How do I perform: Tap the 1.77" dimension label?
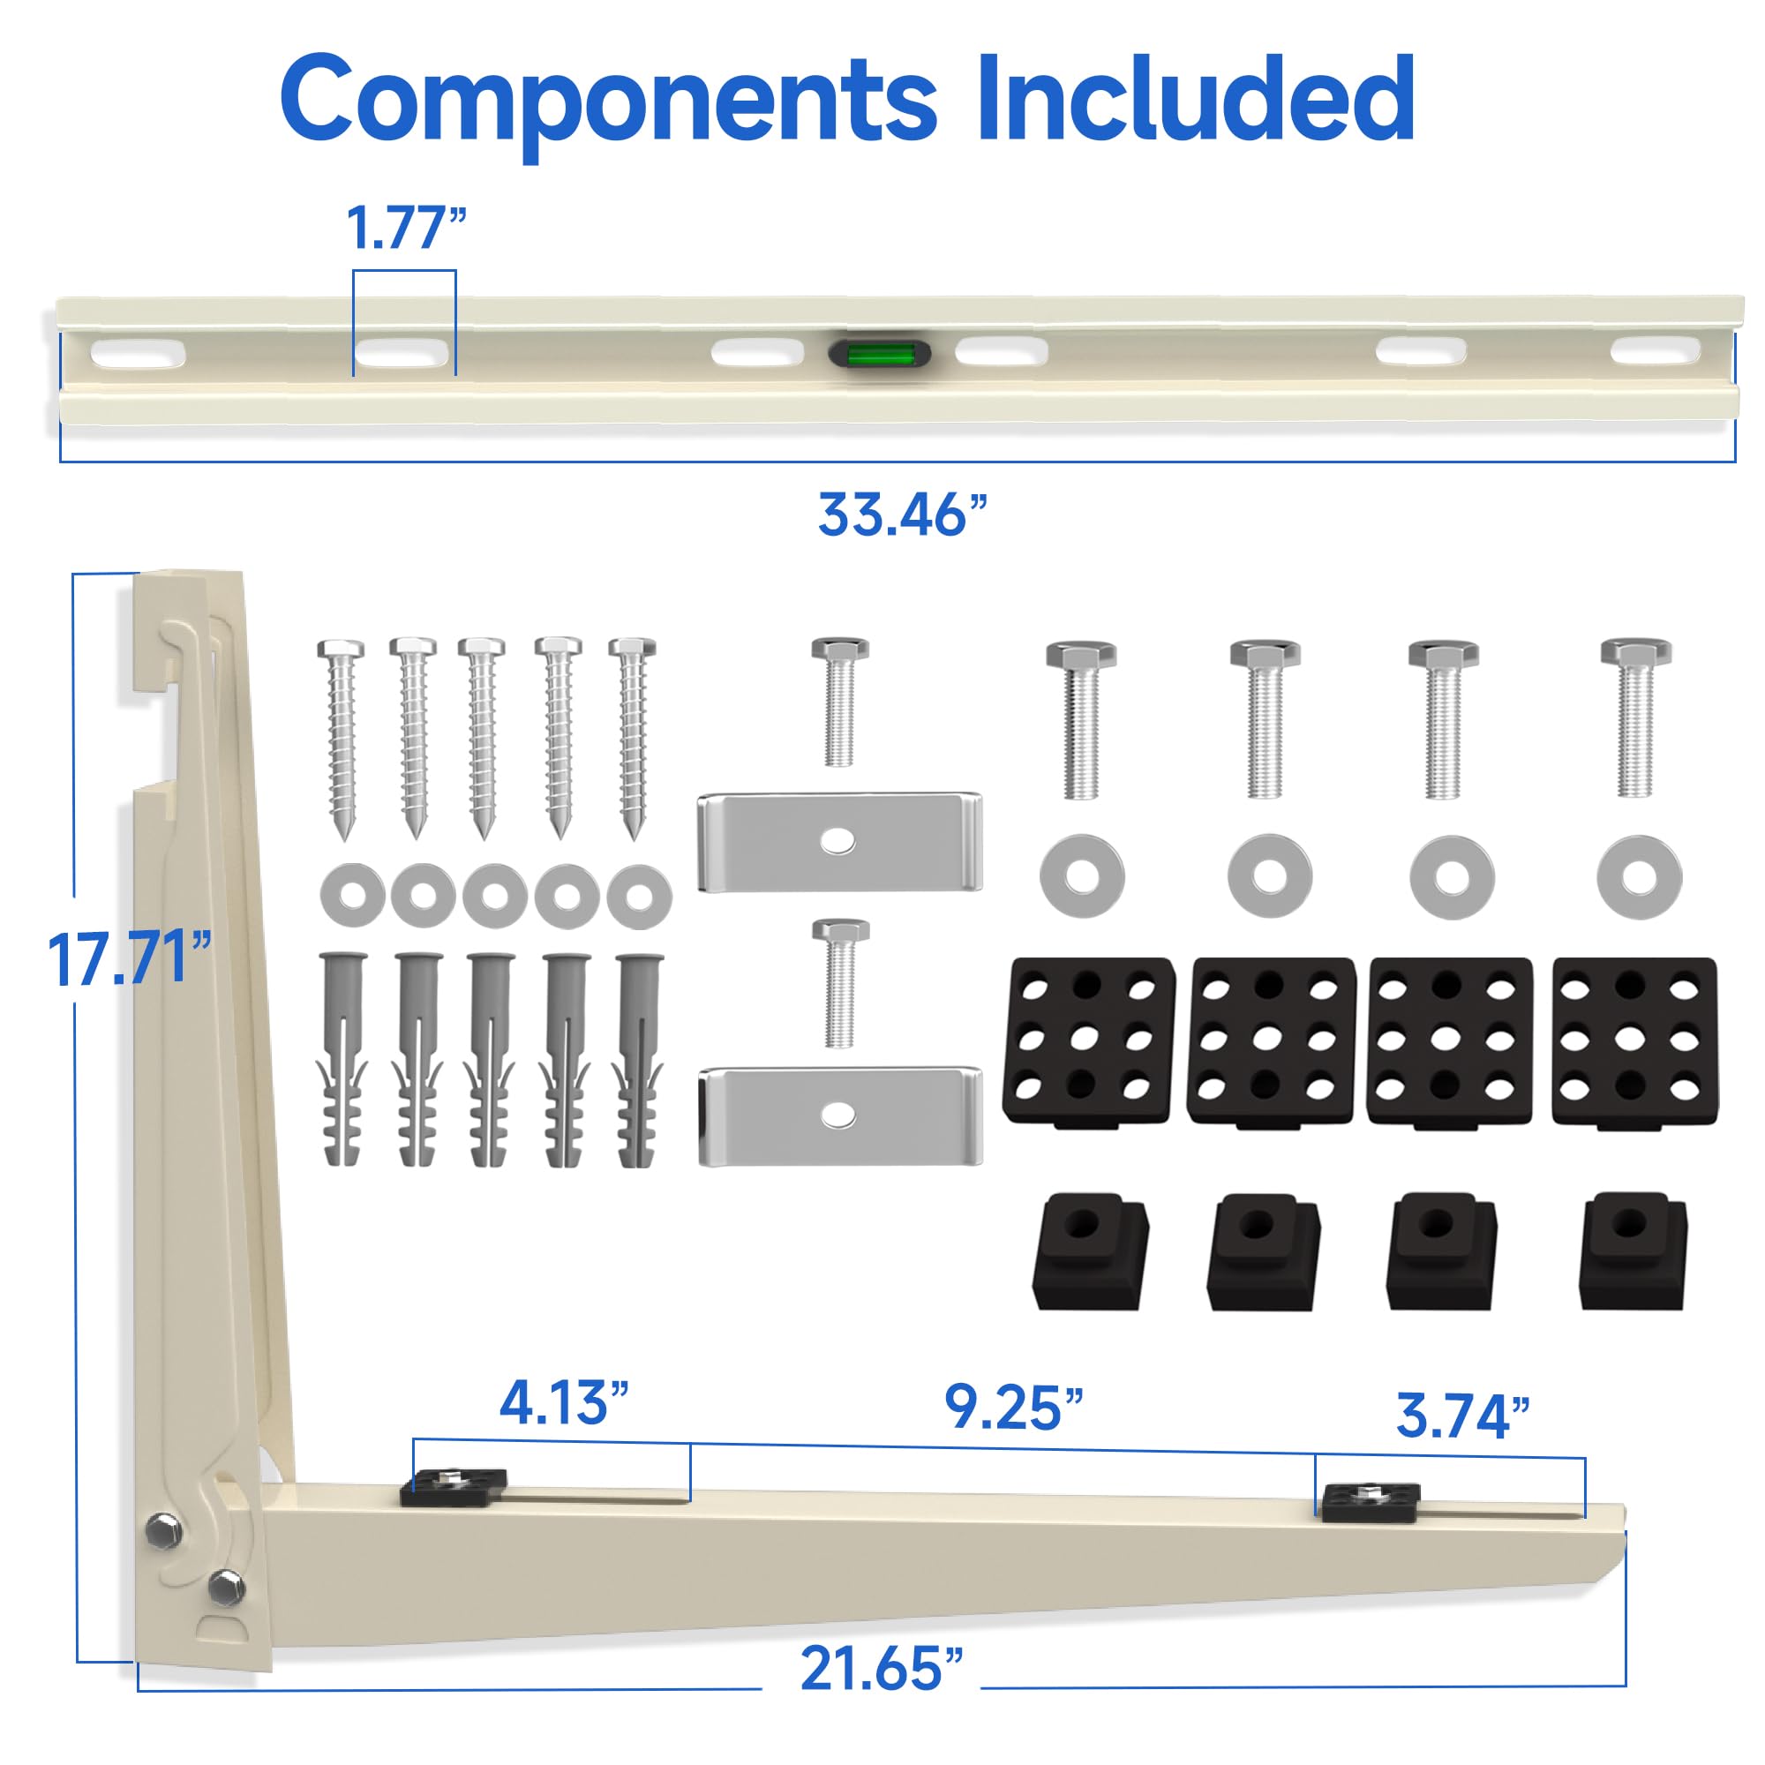point(406,229)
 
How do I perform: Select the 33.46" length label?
point(903,515)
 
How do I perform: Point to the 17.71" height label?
point(128,959)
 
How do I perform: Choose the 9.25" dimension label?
point(1012,1408)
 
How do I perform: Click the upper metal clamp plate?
point(838,841)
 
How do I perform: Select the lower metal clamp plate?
point(838,1115)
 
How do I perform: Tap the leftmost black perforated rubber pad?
point(1088,1040)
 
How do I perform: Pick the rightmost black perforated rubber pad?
point(1634,1040)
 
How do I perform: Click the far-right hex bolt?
point(1635,717)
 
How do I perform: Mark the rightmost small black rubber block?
point(1634,1250)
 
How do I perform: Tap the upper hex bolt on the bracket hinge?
point(162,1529)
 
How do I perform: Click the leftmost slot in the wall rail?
point(137,354)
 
